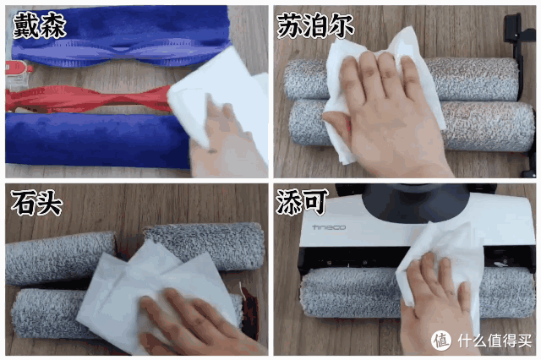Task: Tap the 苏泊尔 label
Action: [315, 25]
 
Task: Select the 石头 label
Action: [36, 203]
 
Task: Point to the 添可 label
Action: [301, 202]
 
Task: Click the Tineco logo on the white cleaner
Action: [329, 227]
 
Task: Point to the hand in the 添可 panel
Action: [435, 303]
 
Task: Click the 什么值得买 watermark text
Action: [495, 341]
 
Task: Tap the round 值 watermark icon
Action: [441, 341]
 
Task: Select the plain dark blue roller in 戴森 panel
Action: [96, 139]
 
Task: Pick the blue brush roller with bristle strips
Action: [121, 38]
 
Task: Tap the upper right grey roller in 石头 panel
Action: [204, 245]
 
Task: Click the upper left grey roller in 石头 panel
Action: [60, 257]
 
